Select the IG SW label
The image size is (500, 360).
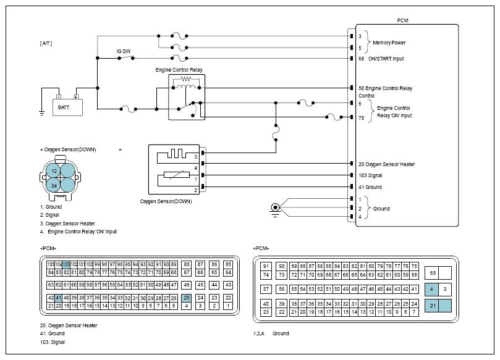click(123, 51)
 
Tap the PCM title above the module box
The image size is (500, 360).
click(402, 20)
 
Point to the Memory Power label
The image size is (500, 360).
click(390, 43)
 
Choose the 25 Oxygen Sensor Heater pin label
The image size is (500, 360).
click(386, 164)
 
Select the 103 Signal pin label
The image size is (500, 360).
click(370, 175)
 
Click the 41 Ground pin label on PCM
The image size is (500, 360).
click(370, 187)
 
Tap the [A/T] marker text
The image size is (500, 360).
click(47, 43)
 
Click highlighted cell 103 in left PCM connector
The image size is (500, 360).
click(66, 264)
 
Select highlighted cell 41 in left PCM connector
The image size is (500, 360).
click(58, 298)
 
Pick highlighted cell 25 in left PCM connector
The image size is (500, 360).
click(186, 298)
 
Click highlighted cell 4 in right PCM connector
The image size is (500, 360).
click(431, 289)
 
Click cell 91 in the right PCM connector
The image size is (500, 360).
click(265, 266)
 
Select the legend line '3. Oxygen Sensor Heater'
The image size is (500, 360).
click(67, 223)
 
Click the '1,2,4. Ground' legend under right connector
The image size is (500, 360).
click(271, 333)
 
